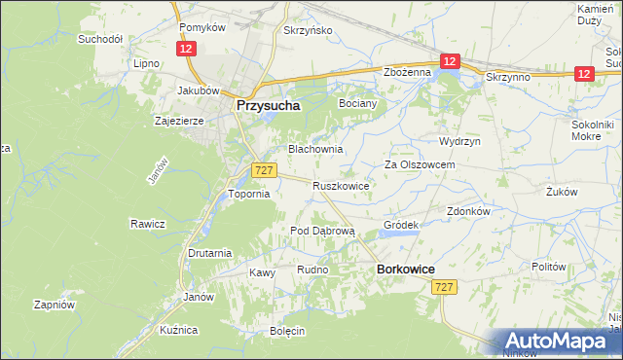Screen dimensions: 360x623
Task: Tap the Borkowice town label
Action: coord(405,268)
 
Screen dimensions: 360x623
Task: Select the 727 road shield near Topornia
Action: coord(262,170)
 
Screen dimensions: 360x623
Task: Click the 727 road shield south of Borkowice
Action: coord(445,286)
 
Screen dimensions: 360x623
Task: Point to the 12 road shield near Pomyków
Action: coord(184,48)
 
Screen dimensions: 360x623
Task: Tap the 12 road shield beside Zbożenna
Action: coord(448,61)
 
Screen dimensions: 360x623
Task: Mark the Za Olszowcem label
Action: coord(420,165)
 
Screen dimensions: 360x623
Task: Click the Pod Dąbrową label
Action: coord(323,231)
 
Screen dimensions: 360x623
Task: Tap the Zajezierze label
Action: coord(178,122)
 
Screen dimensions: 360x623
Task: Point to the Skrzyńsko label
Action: coord(308,30)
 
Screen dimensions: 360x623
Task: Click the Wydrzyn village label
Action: coord(459,141)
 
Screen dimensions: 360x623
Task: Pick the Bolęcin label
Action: coord(288,331)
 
